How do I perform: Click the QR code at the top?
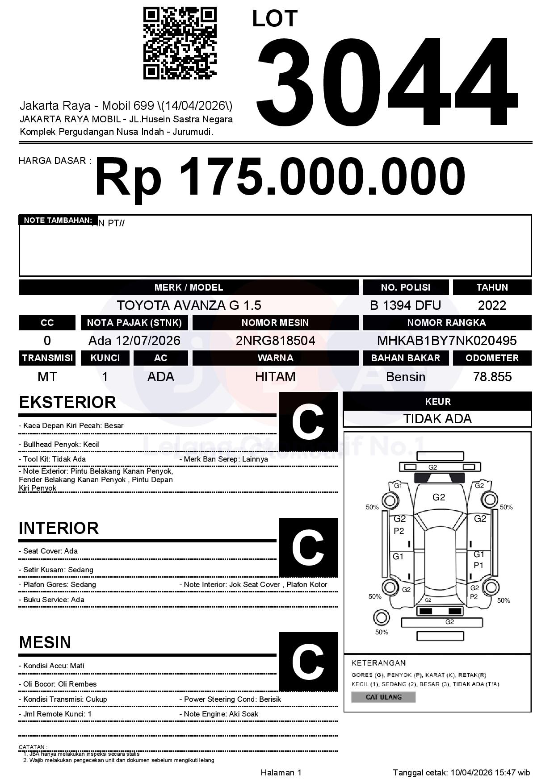point(180,43)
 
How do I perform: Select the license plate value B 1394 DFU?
point(405,305)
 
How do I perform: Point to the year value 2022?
point(492,305)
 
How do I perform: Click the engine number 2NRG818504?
point(275,341)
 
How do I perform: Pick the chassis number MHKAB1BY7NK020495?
point(447,341)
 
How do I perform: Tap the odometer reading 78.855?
point(492,377)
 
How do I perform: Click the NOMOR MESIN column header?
point(275,323)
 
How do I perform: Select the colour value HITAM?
point(275,377)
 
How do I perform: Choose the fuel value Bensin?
point(405,377)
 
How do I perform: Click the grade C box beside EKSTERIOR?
point(308,422)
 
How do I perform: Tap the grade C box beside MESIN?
point(308,661)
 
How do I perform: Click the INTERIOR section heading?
point(59,528)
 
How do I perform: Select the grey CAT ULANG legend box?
point(383,697)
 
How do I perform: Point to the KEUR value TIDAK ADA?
point(437,419)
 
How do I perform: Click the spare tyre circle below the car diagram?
point(381,618)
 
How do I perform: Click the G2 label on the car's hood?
point(439,497)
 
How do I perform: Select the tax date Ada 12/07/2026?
point(134,341)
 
